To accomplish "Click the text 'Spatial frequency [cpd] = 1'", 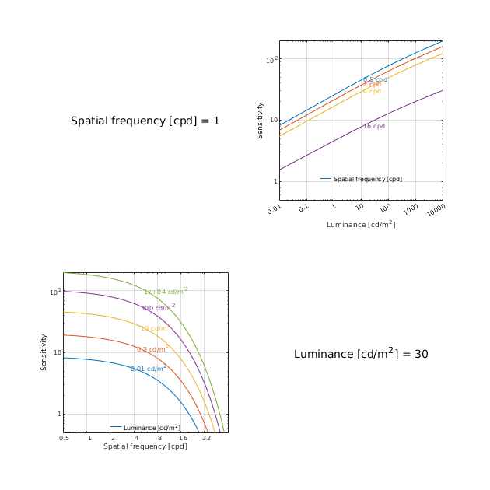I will [x=145, y=121].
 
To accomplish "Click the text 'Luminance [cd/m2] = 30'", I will [x=361, y=354].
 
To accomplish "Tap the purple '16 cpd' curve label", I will [x=374, y=126].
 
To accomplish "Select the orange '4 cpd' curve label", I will [x=372, y=92].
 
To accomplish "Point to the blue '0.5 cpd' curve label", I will [x=375, y=79].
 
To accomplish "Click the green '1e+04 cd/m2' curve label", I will [x=166, y=292].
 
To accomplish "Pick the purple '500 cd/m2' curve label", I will [x=158, y=308].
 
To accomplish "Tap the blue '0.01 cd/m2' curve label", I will [x=149, y=368].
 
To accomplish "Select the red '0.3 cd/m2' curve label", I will [x=152, y=349].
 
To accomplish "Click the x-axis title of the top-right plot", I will [x=361, y=225].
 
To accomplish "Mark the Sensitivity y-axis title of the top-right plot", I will [x=261, y=121].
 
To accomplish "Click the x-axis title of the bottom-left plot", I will [x=145, y=446].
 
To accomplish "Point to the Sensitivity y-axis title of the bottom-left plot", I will [x=44, y=352].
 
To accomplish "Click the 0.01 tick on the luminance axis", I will [x=274, y=209].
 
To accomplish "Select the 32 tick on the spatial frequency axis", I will [x=206, y=439].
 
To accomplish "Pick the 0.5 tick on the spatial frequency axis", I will [x=64, y=439].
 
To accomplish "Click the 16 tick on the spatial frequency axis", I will [x=183, y=439].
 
